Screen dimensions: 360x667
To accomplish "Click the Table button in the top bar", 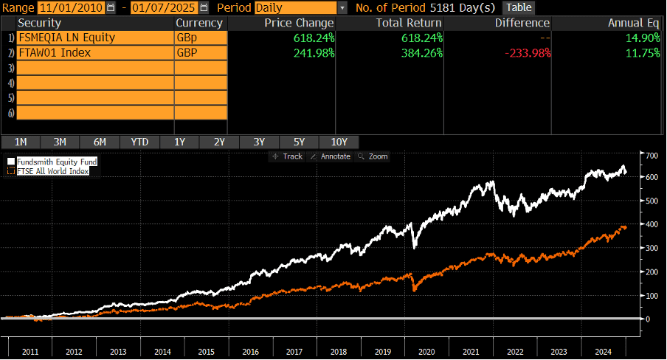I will point(518,7).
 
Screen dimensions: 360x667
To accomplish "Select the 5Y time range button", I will point(298,142).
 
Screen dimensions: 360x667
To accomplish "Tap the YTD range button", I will point(139,142).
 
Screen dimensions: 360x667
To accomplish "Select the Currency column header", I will point(199,23).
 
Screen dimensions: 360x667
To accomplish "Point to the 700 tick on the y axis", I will point(650,156).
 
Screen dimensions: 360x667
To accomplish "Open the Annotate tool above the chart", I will point(331,156).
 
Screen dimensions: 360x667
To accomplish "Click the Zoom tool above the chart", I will point(373,156).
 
